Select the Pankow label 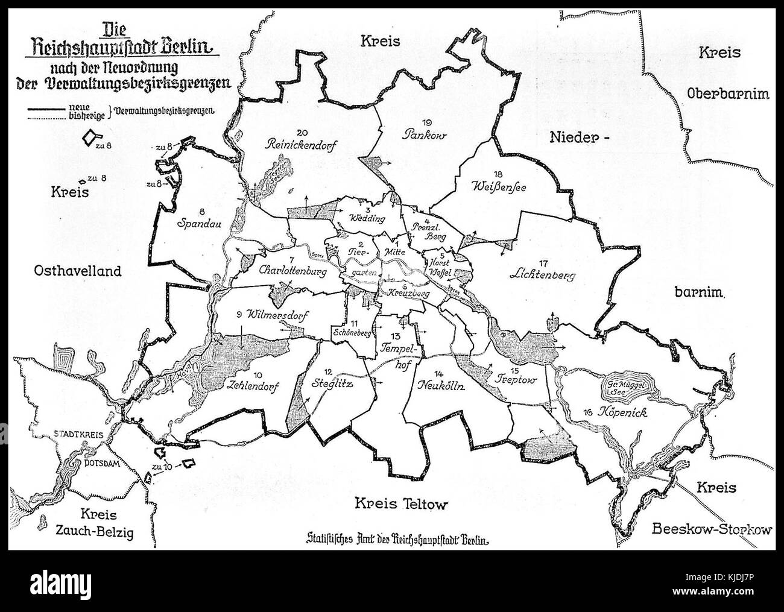[424, 136]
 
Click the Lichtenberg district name [542, 277]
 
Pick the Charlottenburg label [292, 272]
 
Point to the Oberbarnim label [721, 93]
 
